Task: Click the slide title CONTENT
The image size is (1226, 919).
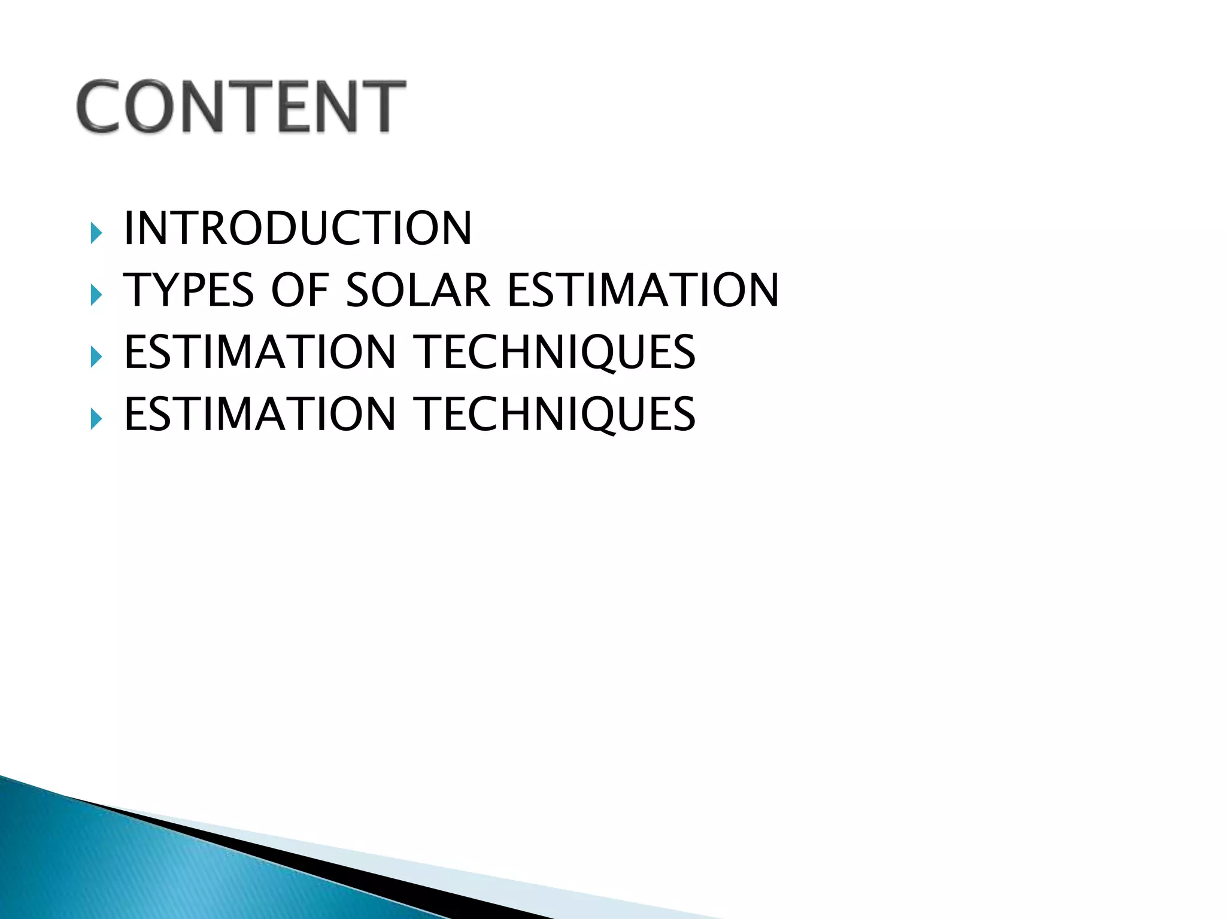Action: pos(241,106)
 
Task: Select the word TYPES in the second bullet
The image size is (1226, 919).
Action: pos(189,290)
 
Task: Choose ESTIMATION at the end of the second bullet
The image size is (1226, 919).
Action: pos(643,290)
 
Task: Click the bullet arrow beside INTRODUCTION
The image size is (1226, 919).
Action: pos(96,233)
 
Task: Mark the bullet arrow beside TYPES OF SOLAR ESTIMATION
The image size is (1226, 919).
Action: pos(96,295)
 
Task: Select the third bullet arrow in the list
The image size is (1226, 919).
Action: pos(96,357)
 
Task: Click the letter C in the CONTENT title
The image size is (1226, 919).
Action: pos(99,106)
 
